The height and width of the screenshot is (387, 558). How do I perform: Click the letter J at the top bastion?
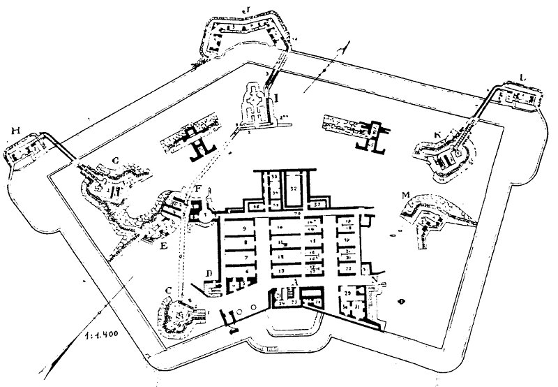click(x=245, y=10)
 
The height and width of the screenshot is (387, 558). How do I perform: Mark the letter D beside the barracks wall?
click(x=208, y=270)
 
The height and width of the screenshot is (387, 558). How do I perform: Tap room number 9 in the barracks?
click(x=245, y=228)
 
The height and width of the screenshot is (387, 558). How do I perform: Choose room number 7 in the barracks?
click(x=245, y=256)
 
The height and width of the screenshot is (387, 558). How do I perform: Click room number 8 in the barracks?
click(x=245, y=242)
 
